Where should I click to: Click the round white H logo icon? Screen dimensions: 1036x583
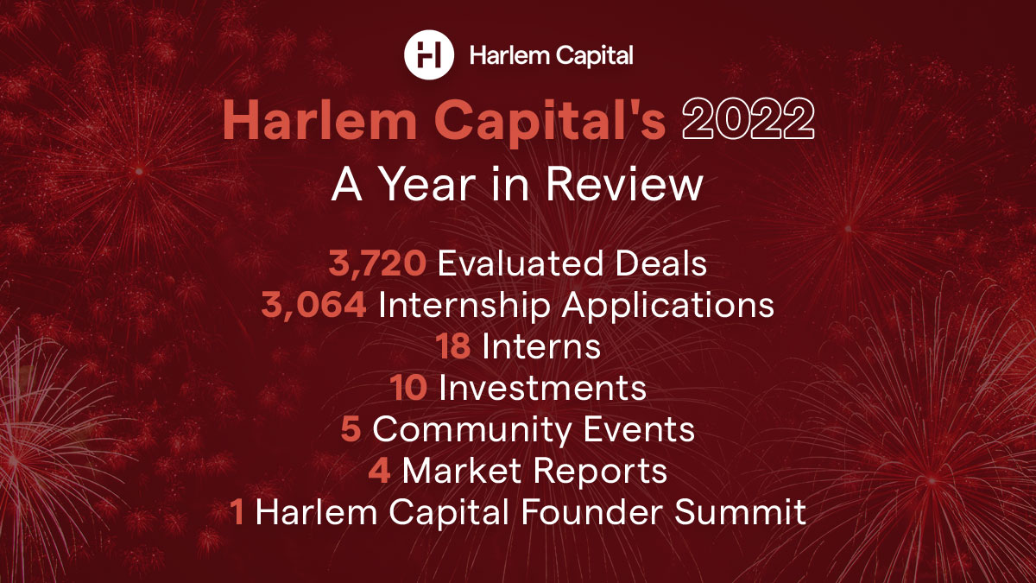429,54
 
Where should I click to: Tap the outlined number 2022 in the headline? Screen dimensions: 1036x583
748,119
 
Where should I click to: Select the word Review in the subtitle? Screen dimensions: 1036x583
625,184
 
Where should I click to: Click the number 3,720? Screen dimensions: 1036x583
377,263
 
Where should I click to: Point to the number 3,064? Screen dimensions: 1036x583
314,305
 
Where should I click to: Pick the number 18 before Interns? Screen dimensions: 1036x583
452,346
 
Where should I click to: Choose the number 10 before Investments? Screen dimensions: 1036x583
408,387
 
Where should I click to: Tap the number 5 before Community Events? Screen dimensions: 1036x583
351,428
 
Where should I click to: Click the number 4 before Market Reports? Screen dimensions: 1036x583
379,470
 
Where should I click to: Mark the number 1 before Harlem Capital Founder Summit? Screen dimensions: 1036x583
237,511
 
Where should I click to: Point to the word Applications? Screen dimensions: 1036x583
668,307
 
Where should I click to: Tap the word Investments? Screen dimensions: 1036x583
542,387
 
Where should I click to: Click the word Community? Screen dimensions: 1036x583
472,430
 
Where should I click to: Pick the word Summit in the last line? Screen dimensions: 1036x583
740,511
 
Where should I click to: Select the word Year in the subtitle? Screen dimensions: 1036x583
428,184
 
